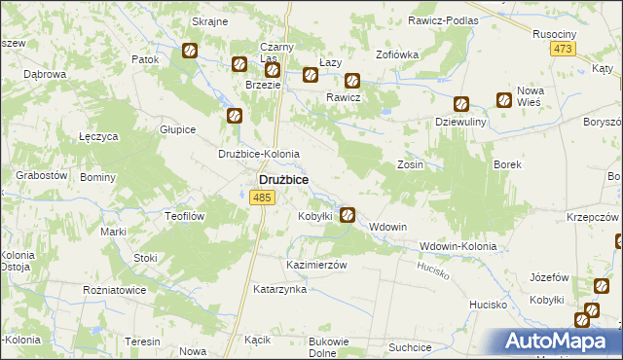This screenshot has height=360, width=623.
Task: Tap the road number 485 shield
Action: click(x=260, y=198)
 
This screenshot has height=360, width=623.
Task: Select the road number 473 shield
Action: click(x=562, y=50)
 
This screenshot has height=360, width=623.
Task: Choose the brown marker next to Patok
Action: click(x=190, y=51)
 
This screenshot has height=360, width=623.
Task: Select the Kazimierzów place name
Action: click(x=316, y=265)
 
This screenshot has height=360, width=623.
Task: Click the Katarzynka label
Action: click(x=280, y=289)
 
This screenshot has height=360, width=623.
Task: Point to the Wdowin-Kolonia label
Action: click(x=458, y=246)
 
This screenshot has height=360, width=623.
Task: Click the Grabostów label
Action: click(x=41, y=175)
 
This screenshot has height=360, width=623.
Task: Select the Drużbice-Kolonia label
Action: click(x=258, y=154)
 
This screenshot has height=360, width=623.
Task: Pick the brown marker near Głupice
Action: click(x=235, y=117)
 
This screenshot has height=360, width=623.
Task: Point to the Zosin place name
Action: click(x=410, y=165)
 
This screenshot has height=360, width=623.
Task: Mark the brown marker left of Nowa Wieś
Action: click(x=504, y=99)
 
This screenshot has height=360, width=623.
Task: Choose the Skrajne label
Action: click(x=209, y=20)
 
